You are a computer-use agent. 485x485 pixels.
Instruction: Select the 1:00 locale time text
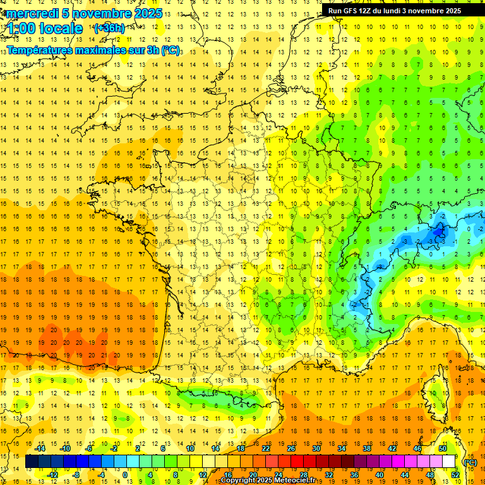click(x=45, y=28)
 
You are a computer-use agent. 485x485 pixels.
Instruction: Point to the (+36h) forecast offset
click(x=109, y=28)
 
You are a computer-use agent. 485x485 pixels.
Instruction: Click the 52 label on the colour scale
click(x=455, y=475)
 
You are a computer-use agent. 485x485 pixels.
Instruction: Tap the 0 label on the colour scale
click(x=125, y=475)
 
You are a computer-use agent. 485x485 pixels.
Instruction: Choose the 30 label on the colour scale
click(x=316, y=448)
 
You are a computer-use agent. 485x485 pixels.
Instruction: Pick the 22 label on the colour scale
click(x=266, y=448)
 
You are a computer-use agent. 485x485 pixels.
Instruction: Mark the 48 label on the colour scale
click(x=429, y=475)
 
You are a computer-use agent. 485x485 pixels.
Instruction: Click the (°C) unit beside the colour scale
click(x=470, y=462)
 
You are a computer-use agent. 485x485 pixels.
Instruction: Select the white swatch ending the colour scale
click(x=449, y=462)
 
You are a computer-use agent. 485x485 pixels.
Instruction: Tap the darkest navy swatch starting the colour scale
click(x=32, y=462)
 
